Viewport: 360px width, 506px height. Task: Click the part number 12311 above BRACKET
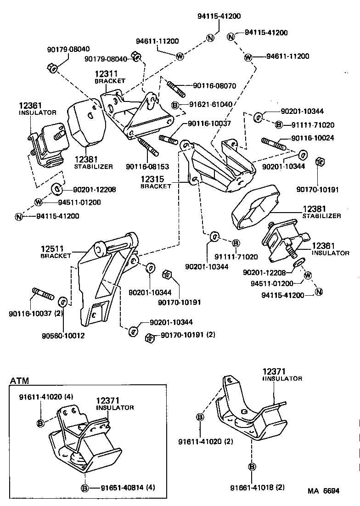(107, 73)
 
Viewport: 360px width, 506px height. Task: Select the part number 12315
(152, 179)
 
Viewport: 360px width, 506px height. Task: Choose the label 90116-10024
(312, 137)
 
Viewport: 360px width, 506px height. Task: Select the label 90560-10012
(65, 336)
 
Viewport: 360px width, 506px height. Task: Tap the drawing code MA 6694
(324, 491)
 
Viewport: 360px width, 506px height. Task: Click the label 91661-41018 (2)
(258, 487)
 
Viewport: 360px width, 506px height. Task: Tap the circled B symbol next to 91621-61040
(175, 105)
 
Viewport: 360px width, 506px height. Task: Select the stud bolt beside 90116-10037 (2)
(44, 294)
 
